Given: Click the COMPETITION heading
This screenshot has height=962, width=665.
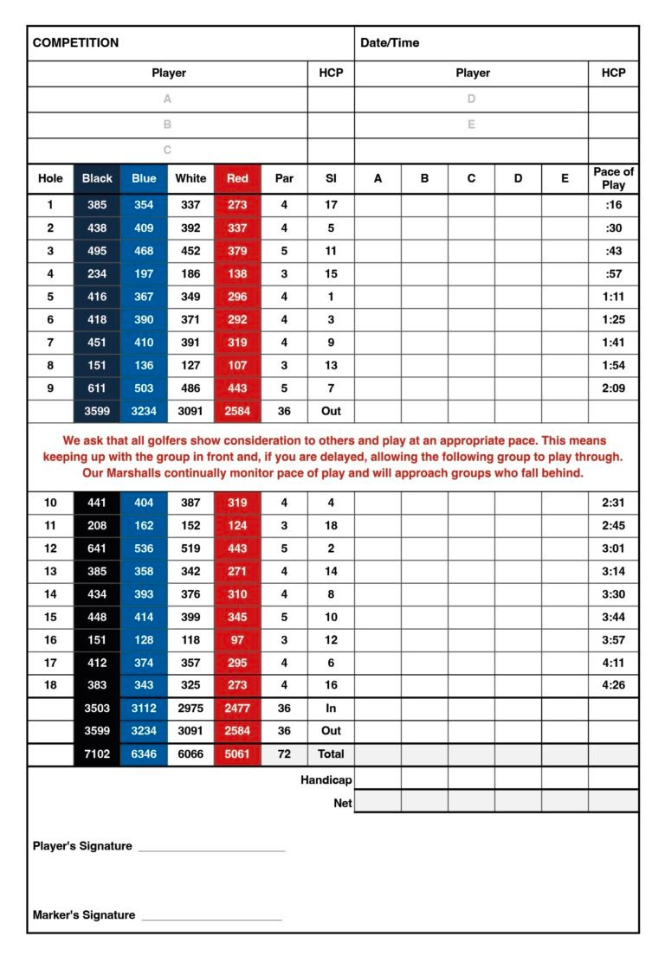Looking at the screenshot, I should [75, 42].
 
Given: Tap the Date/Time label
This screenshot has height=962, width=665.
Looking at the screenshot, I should [390, 42].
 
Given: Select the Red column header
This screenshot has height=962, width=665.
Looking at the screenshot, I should [237, 178].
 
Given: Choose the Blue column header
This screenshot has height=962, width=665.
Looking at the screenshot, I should [144, 178].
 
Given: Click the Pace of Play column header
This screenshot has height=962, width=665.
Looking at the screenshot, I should [613, 178].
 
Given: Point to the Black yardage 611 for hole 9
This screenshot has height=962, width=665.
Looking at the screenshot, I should [97, 388].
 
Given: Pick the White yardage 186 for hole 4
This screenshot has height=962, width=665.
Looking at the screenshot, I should [190, 273].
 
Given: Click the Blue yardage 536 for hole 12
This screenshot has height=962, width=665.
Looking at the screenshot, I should [144, 548].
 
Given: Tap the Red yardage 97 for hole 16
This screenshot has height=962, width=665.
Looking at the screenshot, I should [237, 639].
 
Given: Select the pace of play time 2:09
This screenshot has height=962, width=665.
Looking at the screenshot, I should [613, 388].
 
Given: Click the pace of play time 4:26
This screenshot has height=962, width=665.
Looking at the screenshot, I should [613, 685].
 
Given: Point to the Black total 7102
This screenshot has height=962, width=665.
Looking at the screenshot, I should [97, 754].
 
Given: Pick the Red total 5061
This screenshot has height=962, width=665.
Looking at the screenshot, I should [237, 754].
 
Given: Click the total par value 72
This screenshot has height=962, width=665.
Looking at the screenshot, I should [284, 754].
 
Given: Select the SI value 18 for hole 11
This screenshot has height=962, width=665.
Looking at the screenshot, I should [331, 525].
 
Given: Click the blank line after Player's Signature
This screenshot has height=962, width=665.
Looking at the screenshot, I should [211, 850].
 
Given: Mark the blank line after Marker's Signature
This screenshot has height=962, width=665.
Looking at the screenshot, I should [211, 919].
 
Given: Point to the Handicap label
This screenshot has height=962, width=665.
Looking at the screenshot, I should [326, 779].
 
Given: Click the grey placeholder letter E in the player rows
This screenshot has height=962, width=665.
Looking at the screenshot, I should [472, 125].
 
